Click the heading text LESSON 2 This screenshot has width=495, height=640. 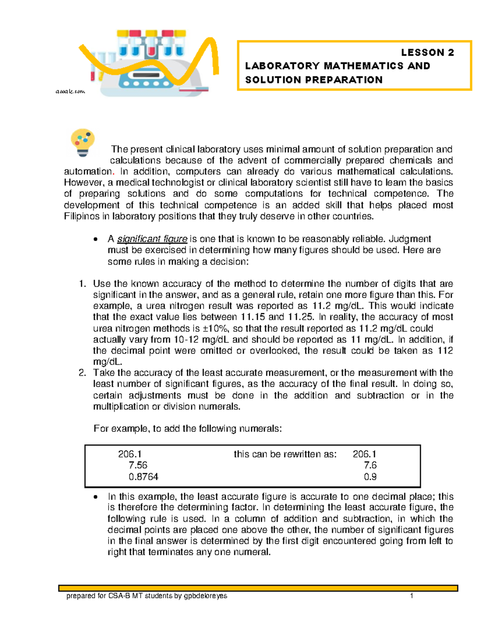coord(427,52)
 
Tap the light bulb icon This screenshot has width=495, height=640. coord(83,143)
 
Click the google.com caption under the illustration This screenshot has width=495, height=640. coord(70,91)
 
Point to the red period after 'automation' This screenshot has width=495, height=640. coord(113,172)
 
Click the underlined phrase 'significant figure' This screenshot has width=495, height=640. coord(152,239)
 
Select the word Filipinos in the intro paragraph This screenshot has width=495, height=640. coord(82,216)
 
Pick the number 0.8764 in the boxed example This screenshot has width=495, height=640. coord(143,477)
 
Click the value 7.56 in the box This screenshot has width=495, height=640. coord(138,465)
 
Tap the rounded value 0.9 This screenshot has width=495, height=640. coord(370,477)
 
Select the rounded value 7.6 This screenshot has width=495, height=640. coord(370,465)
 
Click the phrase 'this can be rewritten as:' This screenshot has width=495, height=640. coord(285,454)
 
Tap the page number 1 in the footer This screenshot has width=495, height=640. coord(411,596)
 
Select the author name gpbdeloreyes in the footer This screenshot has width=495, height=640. coord(205,596)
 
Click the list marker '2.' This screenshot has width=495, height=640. coord(82,373)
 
